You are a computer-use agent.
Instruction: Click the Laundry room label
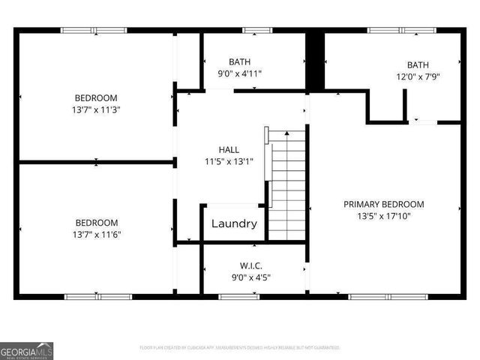pyautogui.click(x=234, y=223)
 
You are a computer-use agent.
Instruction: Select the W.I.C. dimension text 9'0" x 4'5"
pyautogui.click(x=250, y=277)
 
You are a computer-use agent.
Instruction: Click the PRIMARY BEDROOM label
pyautogui.click(x=383, y=204)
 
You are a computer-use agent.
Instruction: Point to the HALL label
pyautogui.click(x=229, y=149)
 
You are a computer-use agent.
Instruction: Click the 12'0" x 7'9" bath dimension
pyautogui.click(x=418, y=76)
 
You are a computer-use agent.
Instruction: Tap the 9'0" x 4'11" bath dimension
pyautogui.click(x=239, y=73)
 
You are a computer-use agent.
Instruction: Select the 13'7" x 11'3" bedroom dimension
pyautogui.click(x=95, y=109)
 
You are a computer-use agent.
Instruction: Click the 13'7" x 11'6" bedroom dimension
pyautogui.click(x=96, y=234)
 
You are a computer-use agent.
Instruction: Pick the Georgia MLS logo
pyautogui.click(x=26, y=350)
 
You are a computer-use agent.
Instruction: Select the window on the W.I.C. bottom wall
pyautogui.click(x=239, y=297)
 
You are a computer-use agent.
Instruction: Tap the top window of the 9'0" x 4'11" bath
pyautogui.click(x=257, y=31)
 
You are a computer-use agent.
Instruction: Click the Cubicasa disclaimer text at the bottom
pyautogui.click(x=240, y=348)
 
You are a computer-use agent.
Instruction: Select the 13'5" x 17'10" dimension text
pyautogui.click(x=383, y=216)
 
